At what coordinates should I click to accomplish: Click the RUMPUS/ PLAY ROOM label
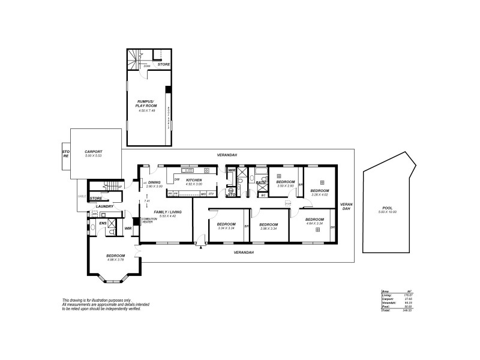(x=146, y=104)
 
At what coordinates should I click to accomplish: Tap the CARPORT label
(x=94, y=152)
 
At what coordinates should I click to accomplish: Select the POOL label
(x=387, y=208)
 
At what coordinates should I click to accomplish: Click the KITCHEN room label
(x=193, y=180)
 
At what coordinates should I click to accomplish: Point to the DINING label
(x=155, y=182)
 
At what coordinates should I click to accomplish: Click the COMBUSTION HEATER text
(x=149, y=220)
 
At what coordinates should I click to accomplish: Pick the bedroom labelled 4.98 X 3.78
(x=116, y=260)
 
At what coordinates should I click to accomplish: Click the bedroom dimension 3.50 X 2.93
(x=285, y=186)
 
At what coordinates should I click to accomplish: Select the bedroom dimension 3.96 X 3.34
(x=268, y=229)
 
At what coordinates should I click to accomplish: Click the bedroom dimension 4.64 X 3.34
(x=314, y=224)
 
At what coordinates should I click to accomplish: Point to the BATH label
(x=260, y=182)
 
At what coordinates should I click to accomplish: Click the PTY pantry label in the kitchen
(x=211, y=194)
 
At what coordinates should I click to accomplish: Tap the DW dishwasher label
(x=177, y=179)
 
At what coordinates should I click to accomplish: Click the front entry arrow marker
(x=200, y=244)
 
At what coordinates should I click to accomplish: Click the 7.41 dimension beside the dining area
(x=146, y=200)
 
